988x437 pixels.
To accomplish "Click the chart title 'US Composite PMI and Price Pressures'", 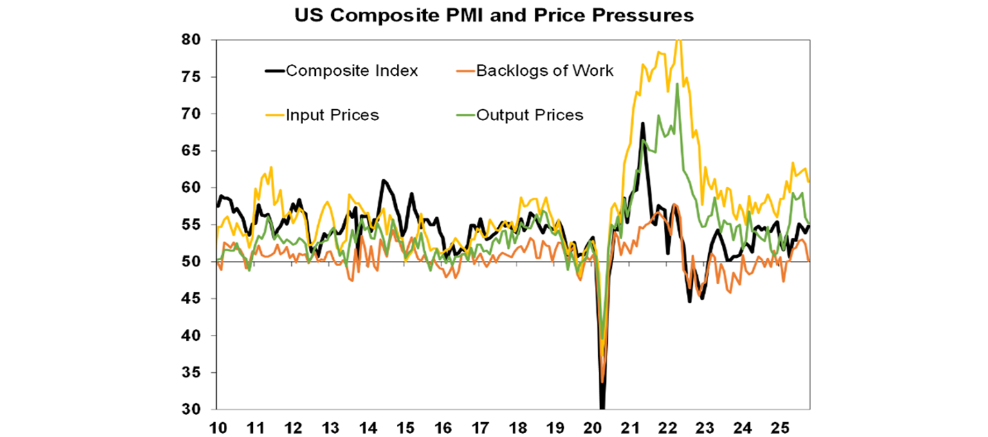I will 494,16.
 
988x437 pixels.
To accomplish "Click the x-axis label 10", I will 217,426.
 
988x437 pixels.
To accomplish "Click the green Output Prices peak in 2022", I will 677,84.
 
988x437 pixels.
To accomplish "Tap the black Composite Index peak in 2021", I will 642,123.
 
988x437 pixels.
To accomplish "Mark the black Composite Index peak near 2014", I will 383,181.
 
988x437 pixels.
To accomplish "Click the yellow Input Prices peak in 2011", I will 271,167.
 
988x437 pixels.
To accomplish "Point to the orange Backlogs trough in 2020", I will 602,382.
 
